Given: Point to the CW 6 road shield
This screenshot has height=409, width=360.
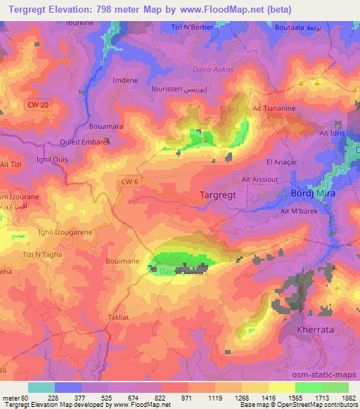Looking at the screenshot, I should click(x=128, y=181).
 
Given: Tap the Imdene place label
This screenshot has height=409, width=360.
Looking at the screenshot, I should click(x=124, y=80).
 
